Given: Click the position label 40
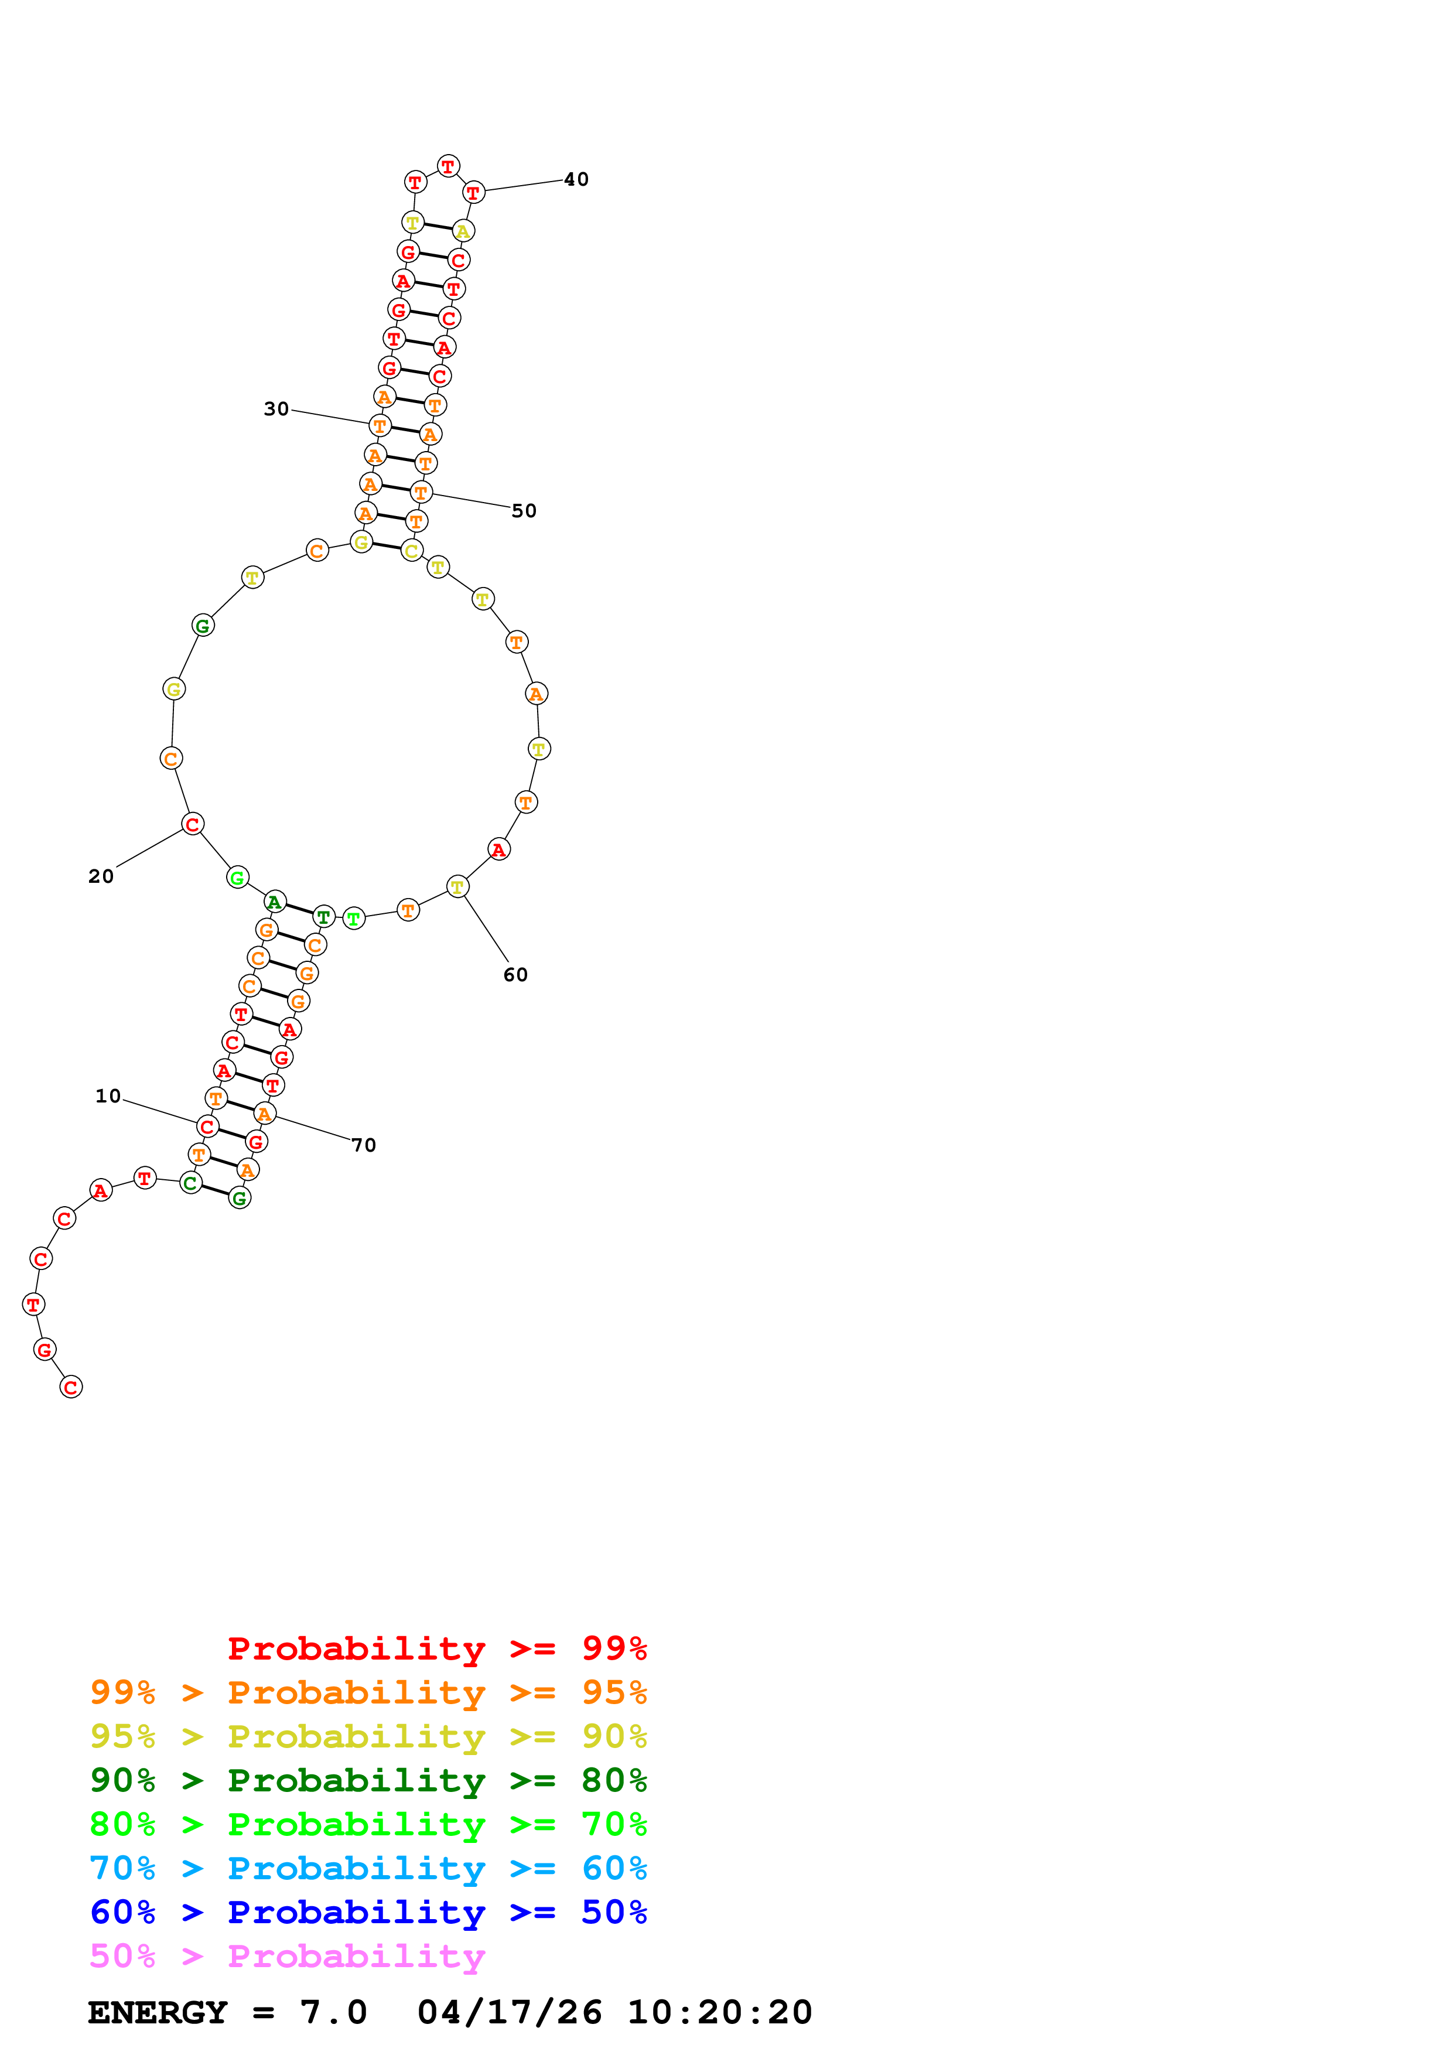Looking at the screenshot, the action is pos(576,180).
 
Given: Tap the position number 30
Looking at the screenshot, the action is pos(276,409).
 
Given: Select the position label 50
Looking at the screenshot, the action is pos(524,511).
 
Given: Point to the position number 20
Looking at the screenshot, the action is pos(101,876).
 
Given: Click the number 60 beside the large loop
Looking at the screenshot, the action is pos(515,975).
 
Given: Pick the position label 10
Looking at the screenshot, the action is pos(108,1097).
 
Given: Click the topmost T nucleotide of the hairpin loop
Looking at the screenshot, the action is pos(448,166).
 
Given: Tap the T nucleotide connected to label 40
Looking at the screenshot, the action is pos(473,192).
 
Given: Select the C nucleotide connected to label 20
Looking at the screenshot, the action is pos(192,824).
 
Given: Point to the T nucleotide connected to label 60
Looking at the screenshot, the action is pos(457,887).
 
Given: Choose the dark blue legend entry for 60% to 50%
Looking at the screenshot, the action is pos(368,1912).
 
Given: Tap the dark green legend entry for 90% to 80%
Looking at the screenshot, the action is pos(368,1780).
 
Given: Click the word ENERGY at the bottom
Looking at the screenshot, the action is pos(158,2013).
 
